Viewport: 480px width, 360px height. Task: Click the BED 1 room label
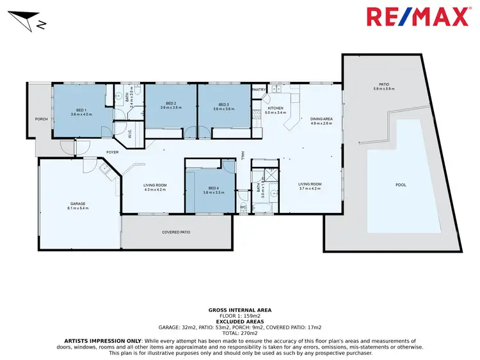pyautogui.click(x=81, y=109)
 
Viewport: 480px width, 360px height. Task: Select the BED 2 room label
pyautogui.click(x=171, y=104)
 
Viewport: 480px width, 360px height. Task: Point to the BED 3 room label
pyautogui.click(x=223, y=104)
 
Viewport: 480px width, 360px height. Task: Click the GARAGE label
pyautogui.click(x=79, y=204)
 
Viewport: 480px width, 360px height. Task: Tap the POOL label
pyautogui.click(x=401, y=185)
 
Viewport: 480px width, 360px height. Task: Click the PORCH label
pyautogui.click(x=42, y=119)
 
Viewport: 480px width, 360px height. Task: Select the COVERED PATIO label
pyautogui.click(x=176, y=232)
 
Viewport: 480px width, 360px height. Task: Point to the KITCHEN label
pyautogui.click(x=275, y=109)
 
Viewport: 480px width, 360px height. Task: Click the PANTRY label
pyautogui.click(x=259, y=90)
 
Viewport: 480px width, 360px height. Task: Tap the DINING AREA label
pyautogui.click(x=321, y=119)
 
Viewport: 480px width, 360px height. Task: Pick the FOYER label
pyautogui.click(x=113, y=152)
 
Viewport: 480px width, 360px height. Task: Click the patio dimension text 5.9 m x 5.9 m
pyautogui.click(x=384, y=89)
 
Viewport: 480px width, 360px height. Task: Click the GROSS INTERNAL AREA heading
pyautogui.click(x=240, y=309)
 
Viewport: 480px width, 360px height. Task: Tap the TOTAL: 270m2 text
pyautogui.click(x=240, y=333)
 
